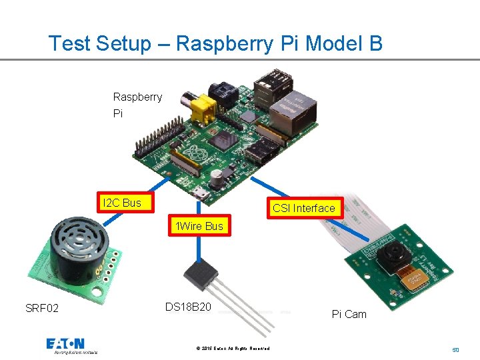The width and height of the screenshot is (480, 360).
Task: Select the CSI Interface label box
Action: click(x=303, y=209)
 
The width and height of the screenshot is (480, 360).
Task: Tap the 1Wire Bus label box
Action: click(x=197, y=227)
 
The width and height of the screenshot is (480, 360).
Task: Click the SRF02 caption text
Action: click(x=42, y=308)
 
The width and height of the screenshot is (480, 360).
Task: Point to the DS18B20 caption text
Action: click(x=188, y=307)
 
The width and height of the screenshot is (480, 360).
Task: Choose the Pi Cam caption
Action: click(x=349, y=314)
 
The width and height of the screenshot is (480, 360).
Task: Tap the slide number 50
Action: click(x=455, y=349)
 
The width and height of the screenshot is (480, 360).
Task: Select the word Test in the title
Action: click(x=70, y=44)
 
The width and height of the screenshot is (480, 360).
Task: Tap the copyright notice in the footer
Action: click(x=233, y=349)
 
